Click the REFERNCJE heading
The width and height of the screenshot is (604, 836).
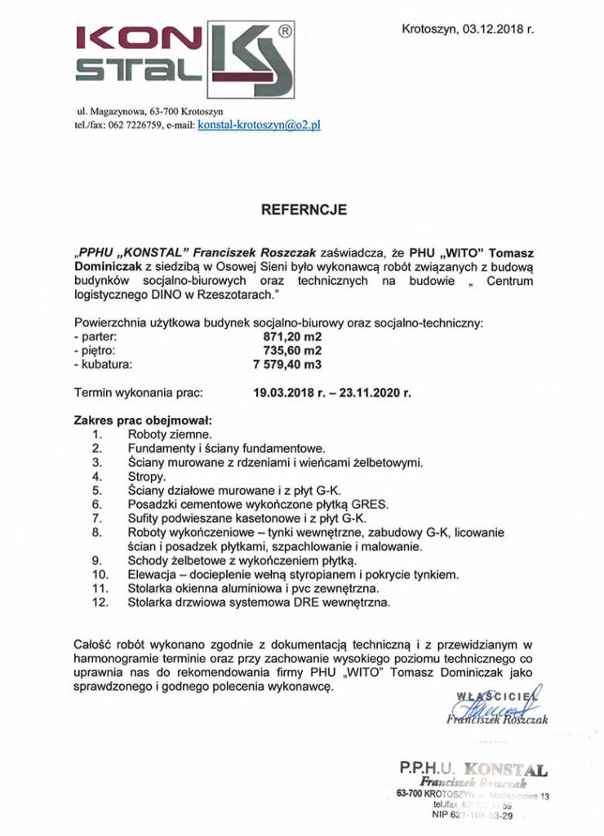304,210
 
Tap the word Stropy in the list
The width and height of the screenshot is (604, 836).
147,476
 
